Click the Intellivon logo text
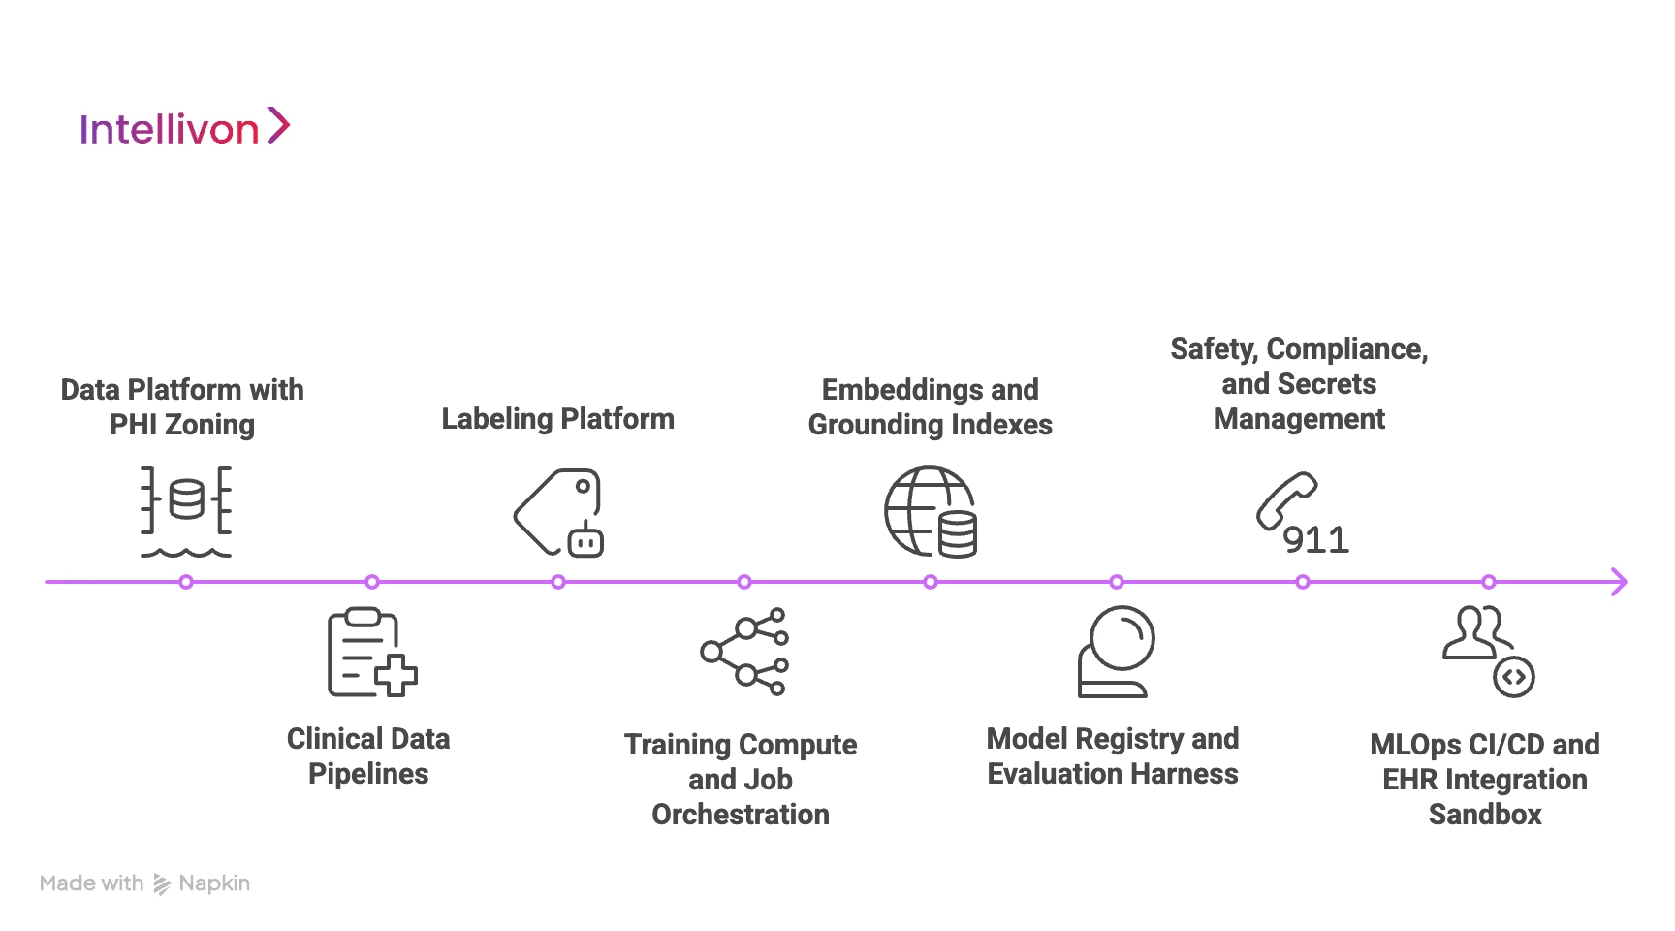click(x=169, y=130)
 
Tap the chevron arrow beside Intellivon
click(x=278, y=126)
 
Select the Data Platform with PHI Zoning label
click(x=182, y=407)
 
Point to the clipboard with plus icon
click(x=371, y=653)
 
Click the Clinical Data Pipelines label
click(x=368, y=756)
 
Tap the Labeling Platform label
click(x=557, y=419)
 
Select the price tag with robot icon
click(x=558, y=512)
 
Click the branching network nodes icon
click(x=744, y=652)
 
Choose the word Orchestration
click(x=741, y=815)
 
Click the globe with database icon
click(x=930, y=512)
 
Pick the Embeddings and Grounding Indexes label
click(x=930, y=407)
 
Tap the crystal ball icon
click(x=1117, y=652)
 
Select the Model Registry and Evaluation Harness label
click(x=1113, y=756)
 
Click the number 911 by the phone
click(x=1315, y=540)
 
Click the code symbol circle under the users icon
click(x=1513, y=677)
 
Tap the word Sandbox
click(x=1484, y=815)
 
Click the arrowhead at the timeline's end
click(x=1618, y=582)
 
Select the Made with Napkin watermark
click(x=145, y=883)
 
